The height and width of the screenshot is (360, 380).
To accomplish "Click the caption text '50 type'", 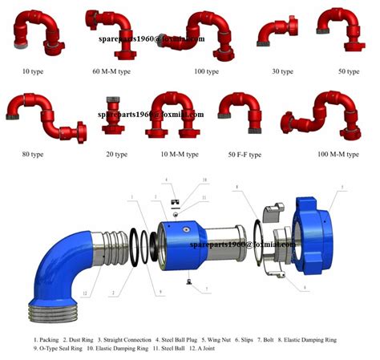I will point(348,71).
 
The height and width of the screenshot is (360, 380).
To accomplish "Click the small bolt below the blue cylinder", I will point(187,280).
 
